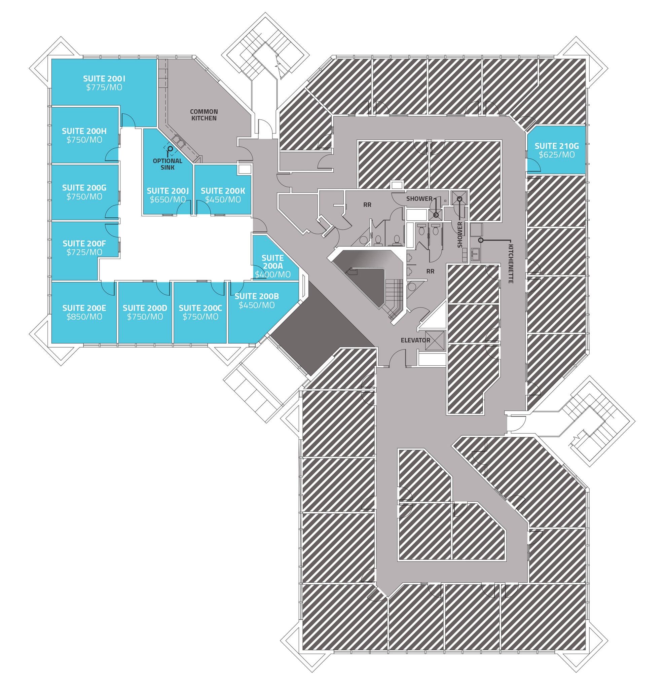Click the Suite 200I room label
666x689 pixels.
click(104, 79)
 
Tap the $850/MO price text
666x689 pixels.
click(84, 317)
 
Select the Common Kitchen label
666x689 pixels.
click(204, 115)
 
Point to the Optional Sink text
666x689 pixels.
click(168, 164)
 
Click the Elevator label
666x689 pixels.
click(415, 340)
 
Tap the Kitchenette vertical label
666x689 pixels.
click(511, 264)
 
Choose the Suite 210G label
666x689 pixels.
click(557, 146)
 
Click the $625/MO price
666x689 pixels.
click(557, 155)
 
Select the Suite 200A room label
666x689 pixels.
click(273, 262)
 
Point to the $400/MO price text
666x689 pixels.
click(273, 275)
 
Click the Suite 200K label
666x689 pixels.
click(223, 191)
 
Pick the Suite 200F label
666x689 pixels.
click(84, 243)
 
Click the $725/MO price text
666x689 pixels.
click(84, 252)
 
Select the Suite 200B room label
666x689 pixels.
click(257, 296)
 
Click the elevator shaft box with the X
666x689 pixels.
click(435, 340)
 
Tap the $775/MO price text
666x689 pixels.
click(104, 87)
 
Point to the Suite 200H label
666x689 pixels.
click(84, 131)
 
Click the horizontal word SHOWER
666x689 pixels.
click(419, 198)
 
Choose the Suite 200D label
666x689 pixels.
click(145, 308)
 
